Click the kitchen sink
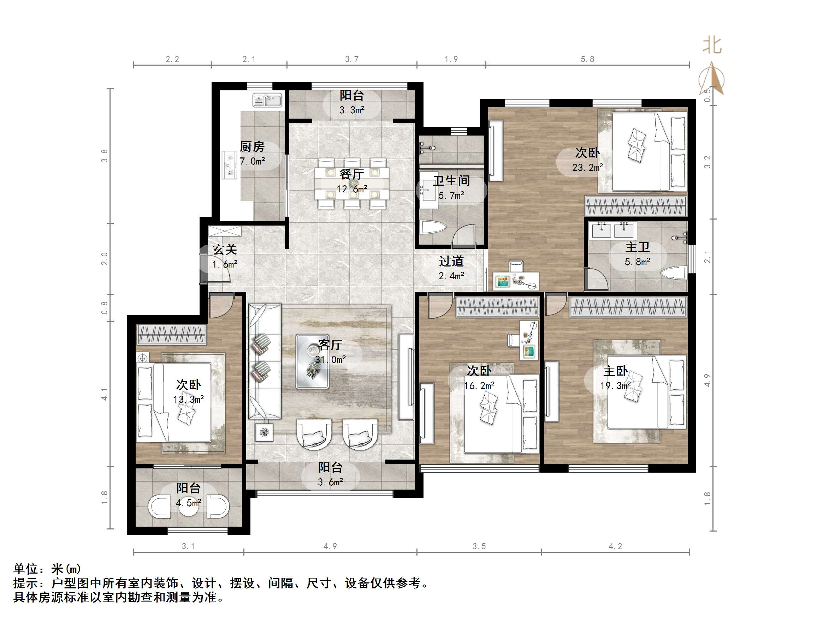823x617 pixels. pos(267,100)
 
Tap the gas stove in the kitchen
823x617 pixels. pos(230,165)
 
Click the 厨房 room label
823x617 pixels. pos(252,147)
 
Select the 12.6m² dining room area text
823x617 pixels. pos(352,189)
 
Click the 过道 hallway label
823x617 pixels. pos(451,262)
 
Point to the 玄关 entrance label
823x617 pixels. pos(225,250)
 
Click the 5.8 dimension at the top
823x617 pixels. pos(587,59)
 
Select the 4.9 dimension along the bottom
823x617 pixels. pos(330,546)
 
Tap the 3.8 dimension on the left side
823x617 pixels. pos(105,156)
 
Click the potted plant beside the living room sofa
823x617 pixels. pos(264,432)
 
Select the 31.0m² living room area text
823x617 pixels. pos(330,360)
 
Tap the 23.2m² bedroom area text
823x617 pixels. pos(587,168)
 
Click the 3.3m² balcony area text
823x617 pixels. pos(351,110)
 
